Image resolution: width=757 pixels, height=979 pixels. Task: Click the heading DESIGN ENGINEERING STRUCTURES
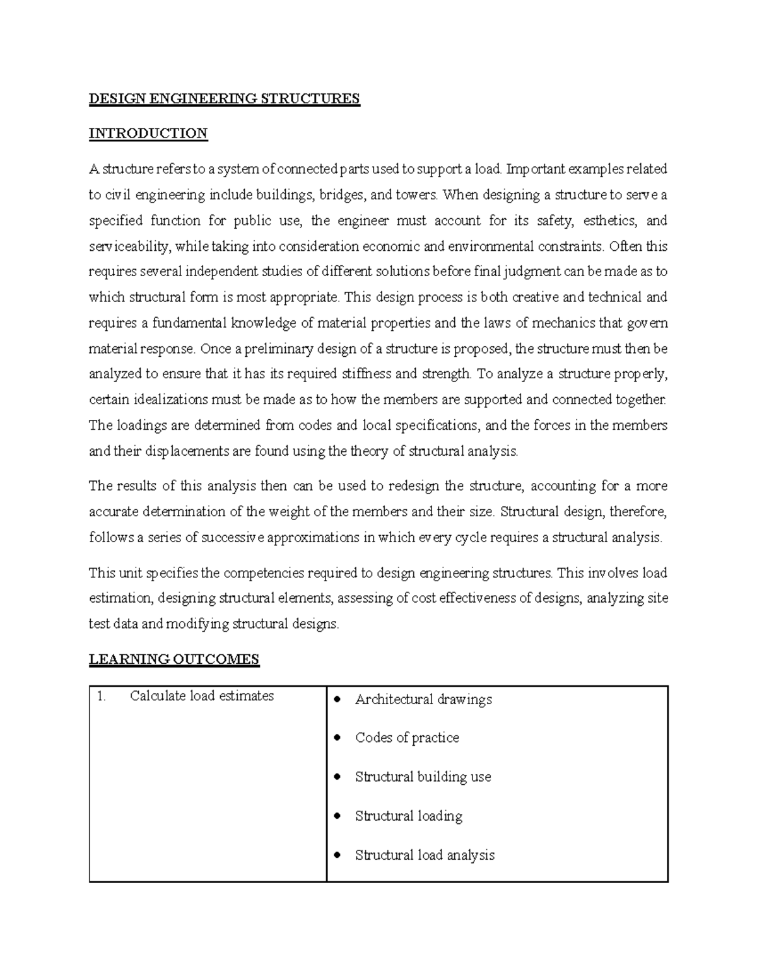pos(224,98)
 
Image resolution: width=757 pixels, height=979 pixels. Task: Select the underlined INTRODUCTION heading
pos(148,134)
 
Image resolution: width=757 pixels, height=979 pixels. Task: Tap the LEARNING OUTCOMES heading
pos(173,659)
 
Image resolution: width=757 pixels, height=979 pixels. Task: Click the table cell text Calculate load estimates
pos(201,696)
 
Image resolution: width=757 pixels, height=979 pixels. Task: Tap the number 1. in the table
pos(100,696)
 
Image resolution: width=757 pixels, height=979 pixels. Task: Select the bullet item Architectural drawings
pos(423,700)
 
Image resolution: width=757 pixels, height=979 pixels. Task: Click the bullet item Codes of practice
pos(407,738)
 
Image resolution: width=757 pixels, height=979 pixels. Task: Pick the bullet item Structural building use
pos(423,777)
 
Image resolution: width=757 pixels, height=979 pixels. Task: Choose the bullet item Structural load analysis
pos(425,855)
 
